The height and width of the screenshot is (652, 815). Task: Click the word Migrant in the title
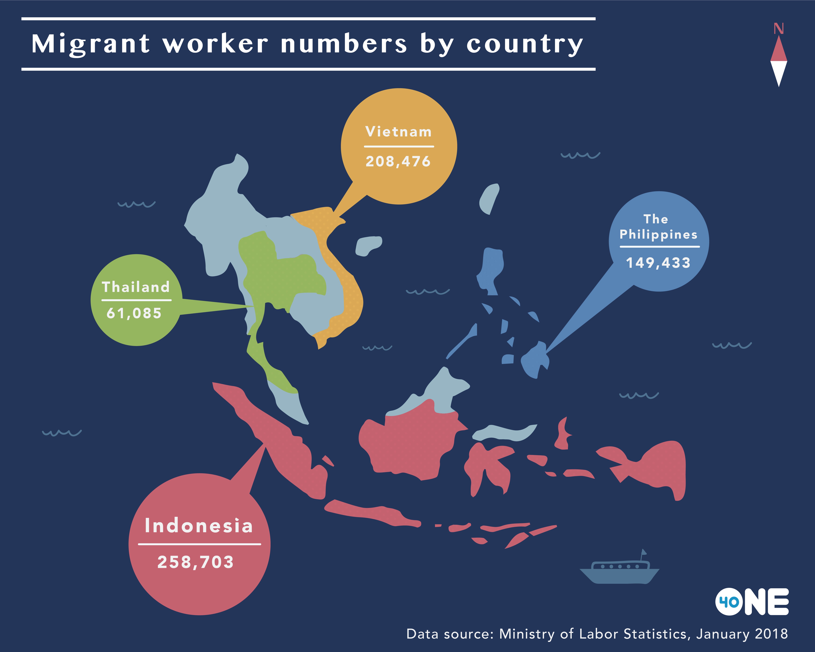click(x=91, y=44)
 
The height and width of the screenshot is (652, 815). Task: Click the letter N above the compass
click(x=778, y=29)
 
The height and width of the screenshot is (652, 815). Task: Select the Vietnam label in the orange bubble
click(x=398, y=132)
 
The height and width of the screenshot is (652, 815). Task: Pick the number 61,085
click(x=134, y=313)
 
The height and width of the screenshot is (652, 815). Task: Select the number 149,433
click(x=658, y=263)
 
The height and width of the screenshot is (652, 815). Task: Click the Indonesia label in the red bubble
click(x=199, y=526)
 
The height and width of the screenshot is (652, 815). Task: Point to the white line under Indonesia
click(x=200, y=544)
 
